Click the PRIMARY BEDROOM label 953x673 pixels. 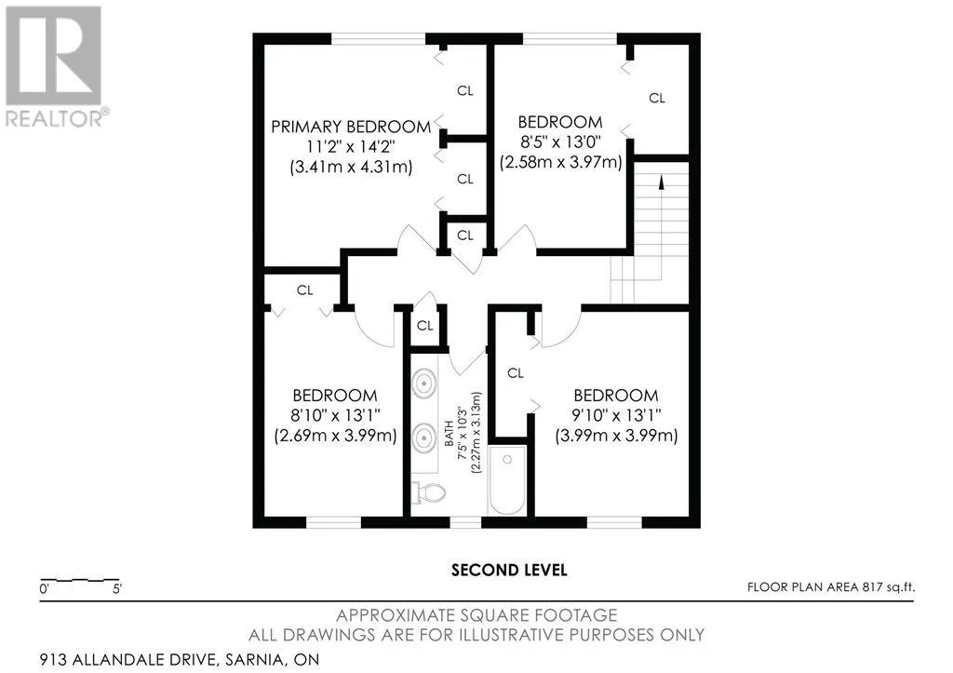tap(351, 127)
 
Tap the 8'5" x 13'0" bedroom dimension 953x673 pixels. tap(560, 141)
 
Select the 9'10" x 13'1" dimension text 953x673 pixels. tap(616, 415)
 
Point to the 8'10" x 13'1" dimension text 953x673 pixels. tap(335, 415)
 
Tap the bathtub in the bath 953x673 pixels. tap(507, 480)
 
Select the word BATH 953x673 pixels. tap(449, 434)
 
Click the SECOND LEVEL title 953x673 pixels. tap(509, 571)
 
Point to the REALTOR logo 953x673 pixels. tap(57, 67)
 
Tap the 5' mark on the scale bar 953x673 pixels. tap(117, 589)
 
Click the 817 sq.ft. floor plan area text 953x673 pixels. tap(889, 587)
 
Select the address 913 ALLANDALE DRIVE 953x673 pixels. tap(127, 660)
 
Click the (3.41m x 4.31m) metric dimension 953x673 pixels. tap(351, 168)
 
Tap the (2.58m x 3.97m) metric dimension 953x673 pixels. tap(560, 162)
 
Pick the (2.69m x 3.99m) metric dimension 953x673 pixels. tap(335, 436)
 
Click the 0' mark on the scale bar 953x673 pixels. tap(45, 589)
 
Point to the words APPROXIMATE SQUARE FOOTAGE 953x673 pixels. tap(476, 615)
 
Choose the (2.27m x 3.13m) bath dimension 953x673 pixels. tap(476, 432)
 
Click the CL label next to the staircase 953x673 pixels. tap(657, 98)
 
